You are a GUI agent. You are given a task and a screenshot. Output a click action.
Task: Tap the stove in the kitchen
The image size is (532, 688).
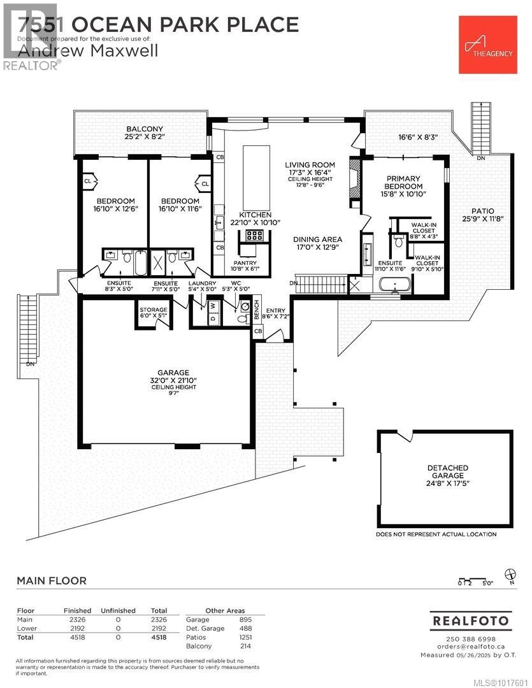(x=254, y=235)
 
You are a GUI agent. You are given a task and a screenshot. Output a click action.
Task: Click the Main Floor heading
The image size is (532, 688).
(x=51, y=580)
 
